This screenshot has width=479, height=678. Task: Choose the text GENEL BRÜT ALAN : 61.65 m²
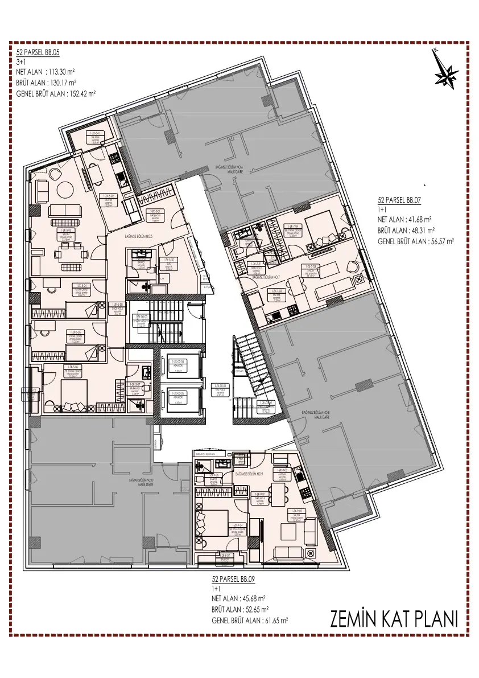(x=250, y=620)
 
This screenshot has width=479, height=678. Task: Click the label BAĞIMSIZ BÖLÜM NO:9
(x=249, y=474)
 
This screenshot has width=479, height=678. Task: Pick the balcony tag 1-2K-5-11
(x=95, y=135)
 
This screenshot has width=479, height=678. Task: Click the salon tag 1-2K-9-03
(x=295, y=513)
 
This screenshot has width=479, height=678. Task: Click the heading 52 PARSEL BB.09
(x=233, y=578)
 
